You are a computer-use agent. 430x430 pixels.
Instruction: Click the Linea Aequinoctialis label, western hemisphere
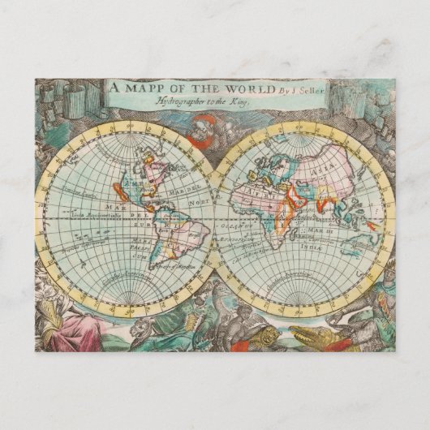(91, 213)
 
